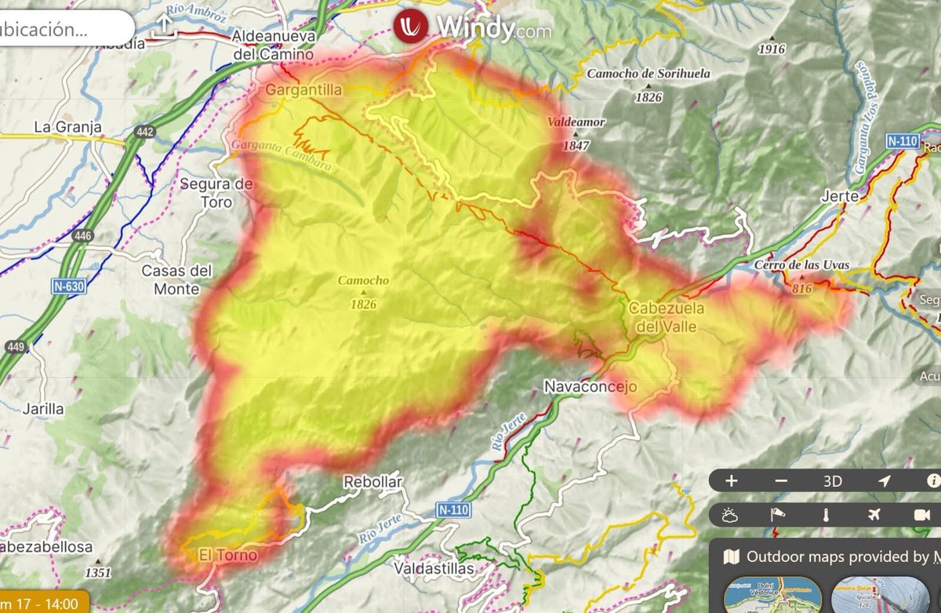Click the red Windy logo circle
(412, 26)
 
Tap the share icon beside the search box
(164, 27)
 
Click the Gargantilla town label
(303, 90)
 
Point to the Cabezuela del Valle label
(666, 317)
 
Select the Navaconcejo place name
(590, 387)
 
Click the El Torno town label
(227, 556)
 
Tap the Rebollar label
(372, 482)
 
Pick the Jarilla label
(43, 408)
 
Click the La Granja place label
(67, 126)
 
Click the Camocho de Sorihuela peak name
(649, 74)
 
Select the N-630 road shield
(69, 287)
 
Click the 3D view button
(832, 481)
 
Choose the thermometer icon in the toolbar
(826, 515)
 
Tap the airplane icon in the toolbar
(874, 515)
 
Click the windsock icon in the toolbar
(778, 515)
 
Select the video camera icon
(921, 515)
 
